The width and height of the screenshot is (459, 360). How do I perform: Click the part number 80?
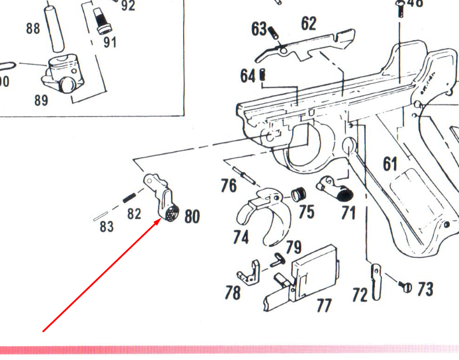192,217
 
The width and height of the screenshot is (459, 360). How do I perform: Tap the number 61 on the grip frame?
391,164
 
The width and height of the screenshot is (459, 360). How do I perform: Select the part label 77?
325,304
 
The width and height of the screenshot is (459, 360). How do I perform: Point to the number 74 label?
241,237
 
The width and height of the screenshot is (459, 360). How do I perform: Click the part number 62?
309,24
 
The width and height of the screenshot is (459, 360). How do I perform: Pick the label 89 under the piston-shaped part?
41,100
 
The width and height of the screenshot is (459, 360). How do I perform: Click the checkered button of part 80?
172,214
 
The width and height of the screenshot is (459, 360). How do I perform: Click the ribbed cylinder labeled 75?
298,194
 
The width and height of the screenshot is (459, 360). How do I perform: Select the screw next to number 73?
406,286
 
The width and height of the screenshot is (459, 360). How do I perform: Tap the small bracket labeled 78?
249,272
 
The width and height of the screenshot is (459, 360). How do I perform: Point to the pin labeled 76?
243,174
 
